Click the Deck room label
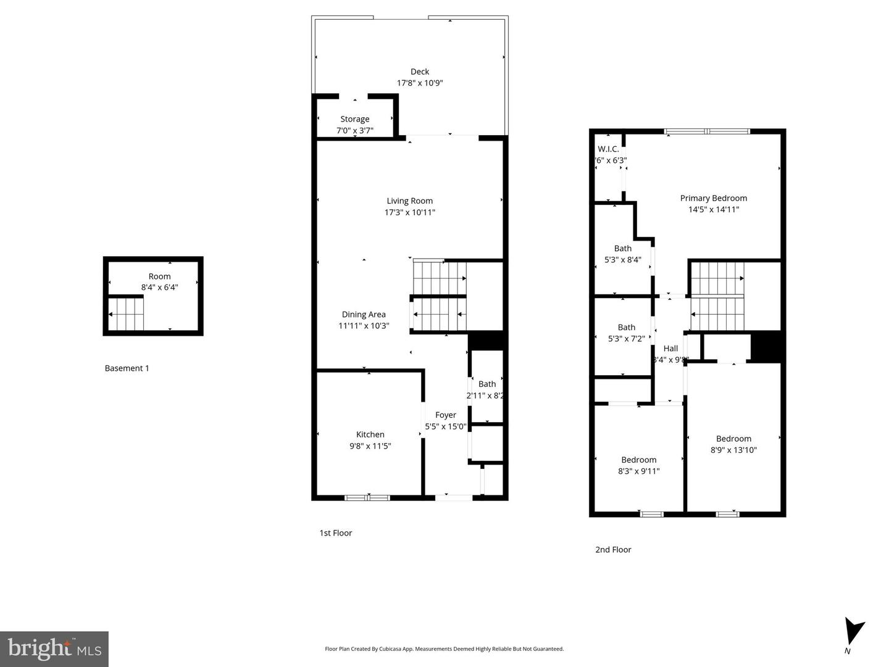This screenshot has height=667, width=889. click(x=420, y=72)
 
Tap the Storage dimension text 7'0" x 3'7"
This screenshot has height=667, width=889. click(x=354, y=130)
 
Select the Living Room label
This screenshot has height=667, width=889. click(x=409, y=201)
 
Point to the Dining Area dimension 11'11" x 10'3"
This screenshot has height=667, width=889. click(x=364, y=326)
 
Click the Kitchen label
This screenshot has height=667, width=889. click(x=370, y=434)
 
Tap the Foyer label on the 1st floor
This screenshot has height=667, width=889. click(x=445, y=415)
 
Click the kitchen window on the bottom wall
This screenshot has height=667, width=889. click(x=367, y=497)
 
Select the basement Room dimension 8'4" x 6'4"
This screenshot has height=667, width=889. click(x=159, y=287)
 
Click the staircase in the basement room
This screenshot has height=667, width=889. click(x=127, y=313)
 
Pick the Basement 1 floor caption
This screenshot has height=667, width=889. click(x=127, y=368)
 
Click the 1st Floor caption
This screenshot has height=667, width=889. click(x=335, y=533)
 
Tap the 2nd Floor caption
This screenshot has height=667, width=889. click(x=613, y=550)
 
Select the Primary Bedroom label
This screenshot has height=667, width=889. click(x=713, y=198)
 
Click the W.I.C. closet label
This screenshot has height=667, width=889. click(x=608, y=149)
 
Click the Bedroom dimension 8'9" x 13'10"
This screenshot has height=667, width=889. click(x=733, y=450)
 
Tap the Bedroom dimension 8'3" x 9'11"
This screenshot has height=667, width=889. click(x=638, y=471)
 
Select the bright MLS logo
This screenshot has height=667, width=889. click(x=54, y=648)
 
